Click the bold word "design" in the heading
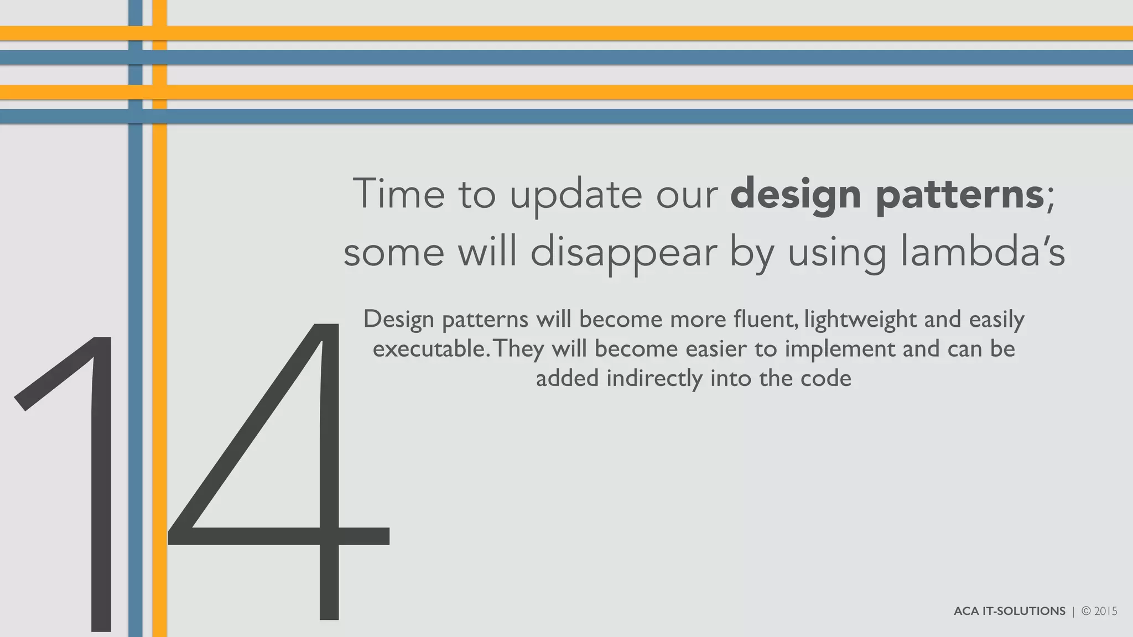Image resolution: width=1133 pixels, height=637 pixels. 796,195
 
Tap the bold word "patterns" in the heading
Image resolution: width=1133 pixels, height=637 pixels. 959,195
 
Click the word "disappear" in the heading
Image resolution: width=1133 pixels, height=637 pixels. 623,253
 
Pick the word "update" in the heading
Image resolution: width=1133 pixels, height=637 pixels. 576,195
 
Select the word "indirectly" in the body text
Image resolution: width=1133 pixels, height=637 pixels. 654,379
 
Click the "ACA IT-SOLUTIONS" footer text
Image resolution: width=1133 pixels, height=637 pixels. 1009,611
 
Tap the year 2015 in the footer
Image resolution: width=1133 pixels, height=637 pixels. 1106,611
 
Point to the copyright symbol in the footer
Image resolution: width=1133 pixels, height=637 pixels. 1086,611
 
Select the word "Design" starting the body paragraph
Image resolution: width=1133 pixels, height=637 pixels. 398,320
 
